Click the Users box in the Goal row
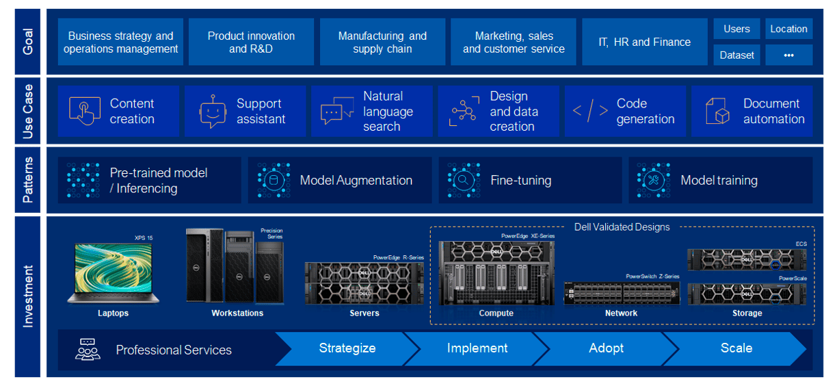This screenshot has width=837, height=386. click(736, 29)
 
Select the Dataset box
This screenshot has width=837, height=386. click(736, 55)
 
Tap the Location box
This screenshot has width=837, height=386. click(789, 29)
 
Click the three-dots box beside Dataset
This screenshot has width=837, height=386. click(789, 55)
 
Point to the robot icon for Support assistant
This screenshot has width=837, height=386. click(213, 112)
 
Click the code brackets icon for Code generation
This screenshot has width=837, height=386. click(590, 111)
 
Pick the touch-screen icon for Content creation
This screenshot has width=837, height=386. click(85, 111)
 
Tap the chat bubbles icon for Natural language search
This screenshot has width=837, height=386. click(337, 110)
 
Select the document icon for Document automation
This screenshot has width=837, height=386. click(717, 111)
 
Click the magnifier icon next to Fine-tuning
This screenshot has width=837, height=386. click(464, 180)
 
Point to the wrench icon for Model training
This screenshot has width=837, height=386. click(654, 180)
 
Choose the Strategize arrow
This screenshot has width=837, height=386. click(347, 348)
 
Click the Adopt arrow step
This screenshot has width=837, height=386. click(606, 348)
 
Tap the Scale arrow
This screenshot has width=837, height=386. click(736, 348)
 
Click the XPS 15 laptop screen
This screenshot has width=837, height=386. click(114, 268)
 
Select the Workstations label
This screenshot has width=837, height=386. click(237, 313)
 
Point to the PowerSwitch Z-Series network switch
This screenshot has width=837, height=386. click(622, 292)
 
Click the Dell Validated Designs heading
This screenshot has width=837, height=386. click(622, 227)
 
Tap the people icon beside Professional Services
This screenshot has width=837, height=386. click(88, 349)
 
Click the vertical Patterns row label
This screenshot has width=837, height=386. click(27, 180)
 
